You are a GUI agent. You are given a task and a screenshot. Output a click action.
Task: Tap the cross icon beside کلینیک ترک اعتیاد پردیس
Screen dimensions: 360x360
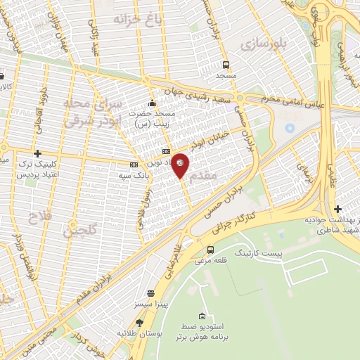pyautogui.click(x=37, y=153)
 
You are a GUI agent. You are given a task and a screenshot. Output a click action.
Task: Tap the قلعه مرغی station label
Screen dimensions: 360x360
pyautogui.click(x=211, y=262)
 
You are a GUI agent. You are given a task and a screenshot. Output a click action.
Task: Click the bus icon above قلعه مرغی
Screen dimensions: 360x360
pyautogui.click(x=210, y=250)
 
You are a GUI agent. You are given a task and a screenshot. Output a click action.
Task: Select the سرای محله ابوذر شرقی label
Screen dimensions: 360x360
pyautogui.click(x=94, y=112)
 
